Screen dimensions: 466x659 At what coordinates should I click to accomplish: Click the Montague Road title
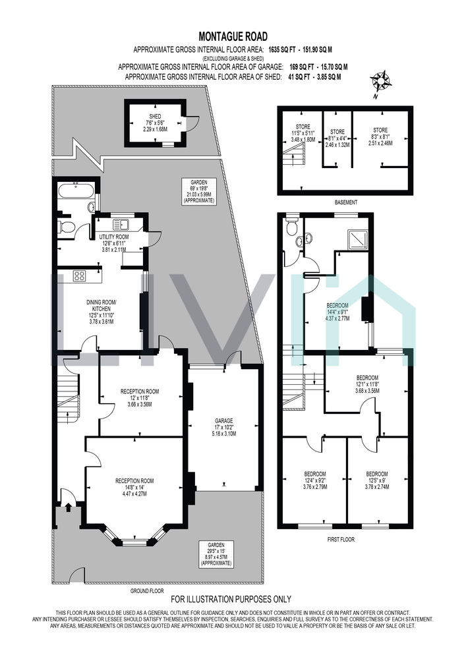tap(233, 37)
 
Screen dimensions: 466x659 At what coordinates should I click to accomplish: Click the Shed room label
tap(155, 123)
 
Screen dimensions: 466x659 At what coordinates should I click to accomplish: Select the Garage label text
tap(224, 426)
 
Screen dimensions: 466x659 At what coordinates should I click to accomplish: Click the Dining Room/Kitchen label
tap(102, 312)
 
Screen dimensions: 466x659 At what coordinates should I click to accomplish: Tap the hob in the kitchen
tap(79, 275)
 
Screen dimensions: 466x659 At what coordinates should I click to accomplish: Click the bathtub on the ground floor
tap(77, 192)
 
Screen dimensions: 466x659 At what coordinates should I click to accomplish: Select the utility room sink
tap(125, 223)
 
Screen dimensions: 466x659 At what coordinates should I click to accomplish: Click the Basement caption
tap(346, 202)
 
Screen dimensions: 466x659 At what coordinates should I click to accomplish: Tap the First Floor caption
tap(340, 539)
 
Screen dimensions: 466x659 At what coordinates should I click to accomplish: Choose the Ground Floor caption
tap(146, 590)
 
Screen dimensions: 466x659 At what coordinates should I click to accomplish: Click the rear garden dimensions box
tap(199, 192)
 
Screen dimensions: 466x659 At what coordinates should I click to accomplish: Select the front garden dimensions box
tap(216, 554)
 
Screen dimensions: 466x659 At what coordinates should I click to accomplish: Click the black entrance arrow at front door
tap(68, 507)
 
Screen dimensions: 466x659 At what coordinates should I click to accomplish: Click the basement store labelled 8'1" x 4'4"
tap(337, 138)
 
